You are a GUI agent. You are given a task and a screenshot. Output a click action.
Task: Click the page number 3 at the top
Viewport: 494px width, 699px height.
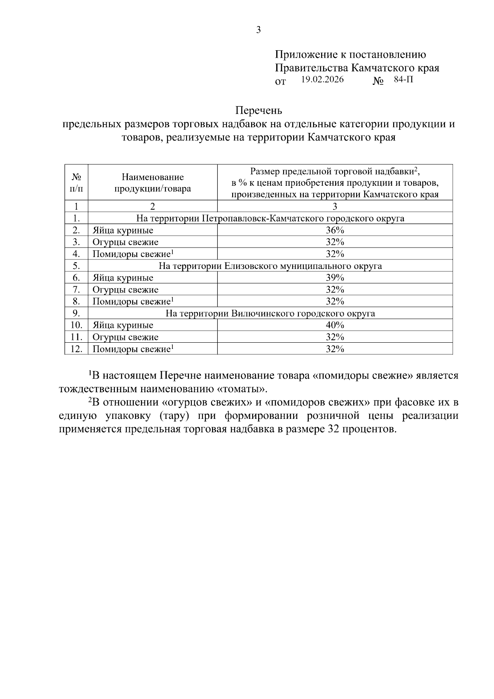(259, 30)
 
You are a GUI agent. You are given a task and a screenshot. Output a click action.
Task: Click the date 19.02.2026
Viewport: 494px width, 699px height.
(322, 80)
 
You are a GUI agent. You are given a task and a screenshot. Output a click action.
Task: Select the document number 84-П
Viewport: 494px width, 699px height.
(403, 80)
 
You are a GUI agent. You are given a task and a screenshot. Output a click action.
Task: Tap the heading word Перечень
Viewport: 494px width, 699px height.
(259, 111)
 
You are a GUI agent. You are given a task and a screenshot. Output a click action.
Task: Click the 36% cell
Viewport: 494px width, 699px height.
(335, 230)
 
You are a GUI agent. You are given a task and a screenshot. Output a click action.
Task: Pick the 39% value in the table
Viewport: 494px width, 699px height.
(335, 278)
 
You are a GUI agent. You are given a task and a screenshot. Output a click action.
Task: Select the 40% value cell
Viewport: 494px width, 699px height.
(335, 325)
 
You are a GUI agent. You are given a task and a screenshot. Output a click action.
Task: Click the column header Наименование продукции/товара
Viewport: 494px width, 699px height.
(153, 183)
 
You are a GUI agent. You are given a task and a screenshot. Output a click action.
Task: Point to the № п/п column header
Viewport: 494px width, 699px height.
(77, 183)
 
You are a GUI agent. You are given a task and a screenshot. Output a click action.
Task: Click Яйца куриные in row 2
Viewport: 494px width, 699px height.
(123, 231)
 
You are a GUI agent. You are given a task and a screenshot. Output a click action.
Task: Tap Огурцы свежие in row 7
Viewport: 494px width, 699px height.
(125, 290)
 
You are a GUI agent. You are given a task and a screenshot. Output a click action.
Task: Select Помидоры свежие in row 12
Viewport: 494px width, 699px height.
(131, 349)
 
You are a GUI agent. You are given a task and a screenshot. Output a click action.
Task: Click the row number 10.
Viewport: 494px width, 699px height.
(77, 325)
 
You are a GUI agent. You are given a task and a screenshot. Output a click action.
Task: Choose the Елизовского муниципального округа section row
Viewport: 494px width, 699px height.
(270, 266)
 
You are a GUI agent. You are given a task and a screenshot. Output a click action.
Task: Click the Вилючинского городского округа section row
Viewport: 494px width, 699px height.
(270, 313)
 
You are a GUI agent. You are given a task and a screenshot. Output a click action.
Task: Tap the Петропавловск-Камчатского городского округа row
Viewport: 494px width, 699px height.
(270, 219)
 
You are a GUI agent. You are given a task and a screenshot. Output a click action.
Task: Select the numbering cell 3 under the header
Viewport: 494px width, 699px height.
(335, 207)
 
